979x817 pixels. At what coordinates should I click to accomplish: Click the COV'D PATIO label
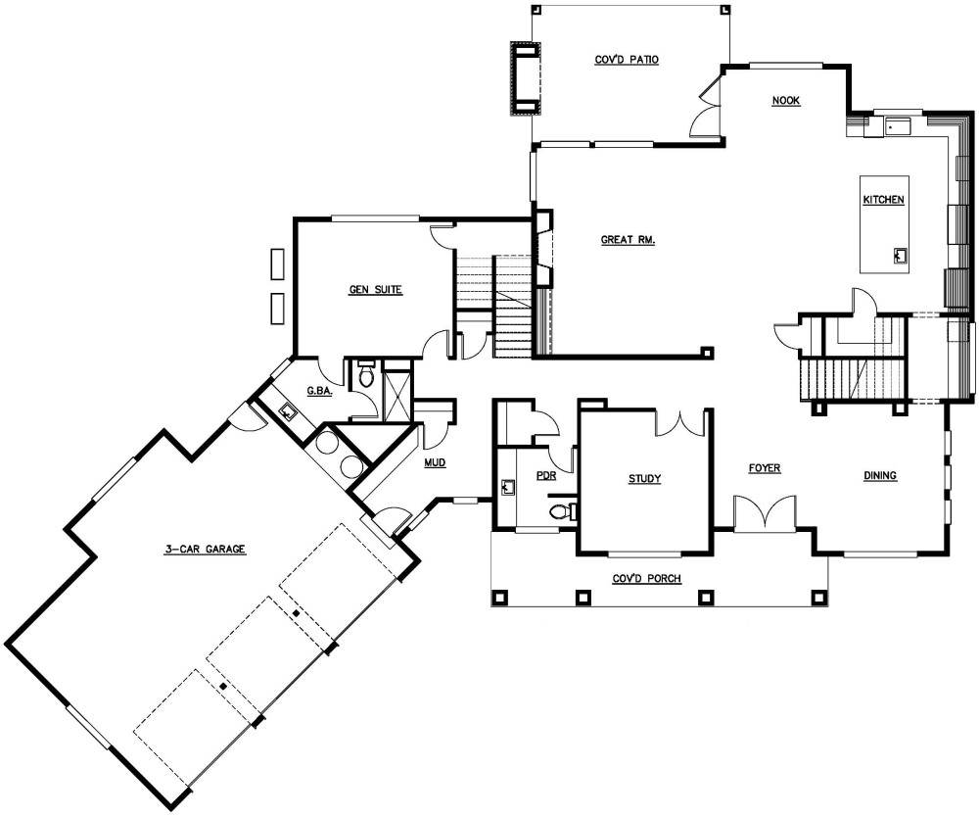click(x=627, y=60)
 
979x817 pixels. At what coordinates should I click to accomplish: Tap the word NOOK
click(x=786, y=101)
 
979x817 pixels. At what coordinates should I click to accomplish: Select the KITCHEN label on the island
click(x=882, y=201)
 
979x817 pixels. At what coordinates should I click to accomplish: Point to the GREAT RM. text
click(x=628, y=239)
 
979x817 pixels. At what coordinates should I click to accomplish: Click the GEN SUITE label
click(x=376, y=290)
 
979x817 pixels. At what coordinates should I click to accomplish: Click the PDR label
click(x=545, y=476)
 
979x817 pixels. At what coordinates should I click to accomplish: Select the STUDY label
click(x=644, y=479)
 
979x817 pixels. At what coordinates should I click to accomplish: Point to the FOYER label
click(x=765, y=469)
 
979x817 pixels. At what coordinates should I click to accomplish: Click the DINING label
click(x=880, y=476)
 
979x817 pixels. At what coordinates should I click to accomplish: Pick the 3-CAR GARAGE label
click(x=205, y=550)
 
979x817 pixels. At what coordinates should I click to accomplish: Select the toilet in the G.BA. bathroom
click(x=366, y=374)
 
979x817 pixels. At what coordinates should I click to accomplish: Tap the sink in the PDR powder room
click(x=506, y=487)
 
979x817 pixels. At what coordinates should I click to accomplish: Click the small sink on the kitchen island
click(x=899, y=257)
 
